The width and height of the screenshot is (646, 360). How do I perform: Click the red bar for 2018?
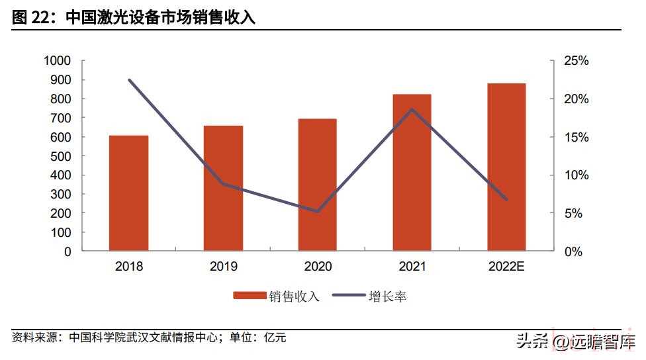[128, 193]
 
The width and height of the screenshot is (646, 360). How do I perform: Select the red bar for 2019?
[223, 189]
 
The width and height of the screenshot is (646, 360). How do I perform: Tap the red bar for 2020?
[317, 185]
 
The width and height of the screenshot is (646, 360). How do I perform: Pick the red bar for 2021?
[412, 173]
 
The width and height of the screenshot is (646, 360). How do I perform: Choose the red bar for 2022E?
[506, 167]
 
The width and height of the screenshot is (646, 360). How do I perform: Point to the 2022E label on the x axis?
[506, 267]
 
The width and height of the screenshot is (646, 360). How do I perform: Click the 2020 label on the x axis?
[318, 267]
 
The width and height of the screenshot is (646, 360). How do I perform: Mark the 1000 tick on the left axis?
[57, 61]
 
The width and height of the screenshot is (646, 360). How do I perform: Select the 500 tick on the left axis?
[60, 156]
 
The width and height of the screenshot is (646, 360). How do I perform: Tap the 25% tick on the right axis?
[576, 61]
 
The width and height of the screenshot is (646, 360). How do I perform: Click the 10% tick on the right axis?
[576, 175]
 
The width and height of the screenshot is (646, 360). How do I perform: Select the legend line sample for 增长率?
[347, 296]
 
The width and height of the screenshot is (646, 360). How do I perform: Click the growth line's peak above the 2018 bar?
[129, 80]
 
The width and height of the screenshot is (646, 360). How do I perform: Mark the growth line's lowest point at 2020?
[318, 212]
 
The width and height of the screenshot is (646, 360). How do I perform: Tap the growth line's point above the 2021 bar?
[412, 109]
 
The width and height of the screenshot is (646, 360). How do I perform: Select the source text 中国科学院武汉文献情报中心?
[143, 337]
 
